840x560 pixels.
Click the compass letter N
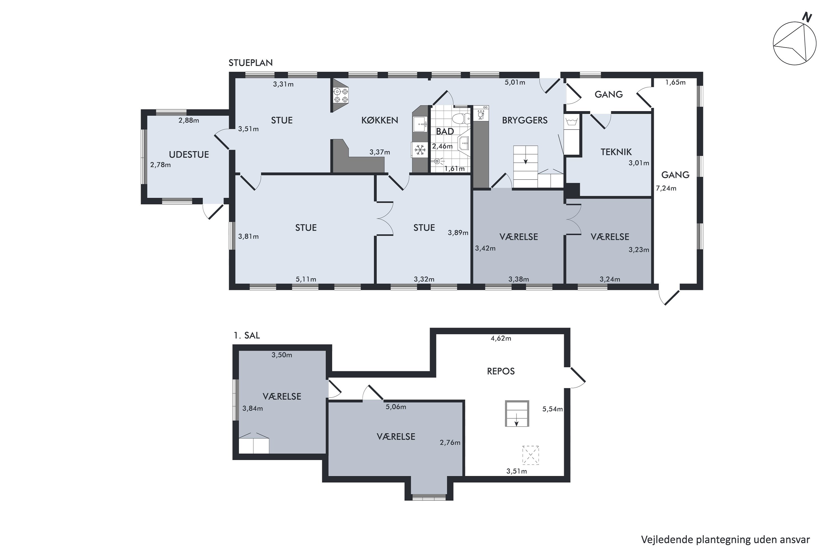coord(807,17)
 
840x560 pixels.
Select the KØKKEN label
coord(380,120)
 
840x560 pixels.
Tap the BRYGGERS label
coord(525,120)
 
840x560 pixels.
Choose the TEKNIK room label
coord(616,152)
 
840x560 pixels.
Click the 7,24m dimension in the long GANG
coord(666,188)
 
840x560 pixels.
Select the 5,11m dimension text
coord(306,279)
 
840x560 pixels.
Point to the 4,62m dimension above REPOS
coord(501,338)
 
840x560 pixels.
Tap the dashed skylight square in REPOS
coord(530,455)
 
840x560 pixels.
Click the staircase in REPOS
coord(517,414)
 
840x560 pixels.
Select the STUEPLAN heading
coord(250,63)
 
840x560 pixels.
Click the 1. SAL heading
coord(247,335)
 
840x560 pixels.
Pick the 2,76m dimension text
coord(450,442)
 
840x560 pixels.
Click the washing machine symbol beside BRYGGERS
coord(572,123)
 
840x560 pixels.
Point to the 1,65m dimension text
coord(675,83)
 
